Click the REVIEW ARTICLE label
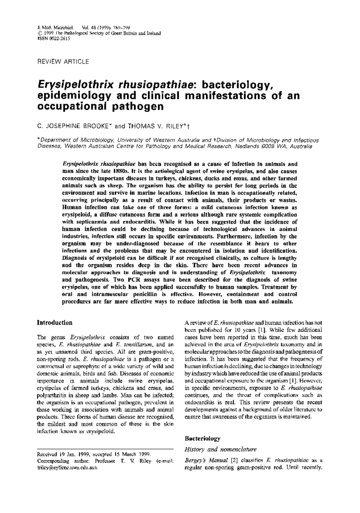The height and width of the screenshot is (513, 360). (x=63, y=62)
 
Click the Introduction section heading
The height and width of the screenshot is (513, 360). (x=54, y=323)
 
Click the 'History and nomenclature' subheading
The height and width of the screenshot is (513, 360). (x=220, y=449)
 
